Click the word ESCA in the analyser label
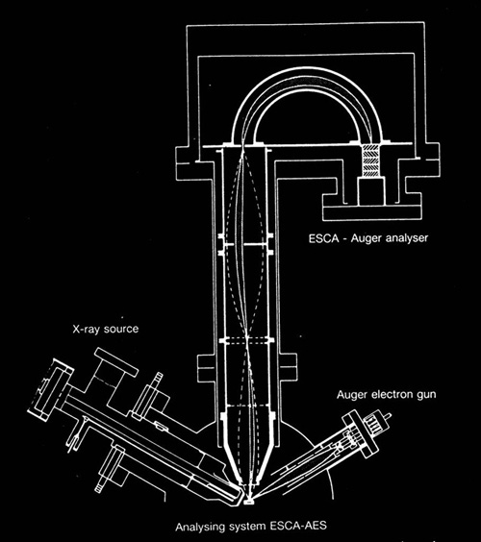323,238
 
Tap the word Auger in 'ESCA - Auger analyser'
367,238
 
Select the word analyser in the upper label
407,238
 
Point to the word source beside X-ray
121,329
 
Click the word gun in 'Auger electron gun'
426,395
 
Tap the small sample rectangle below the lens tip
248,502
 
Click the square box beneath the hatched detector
371,191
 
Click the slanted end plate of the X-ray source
51,389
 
